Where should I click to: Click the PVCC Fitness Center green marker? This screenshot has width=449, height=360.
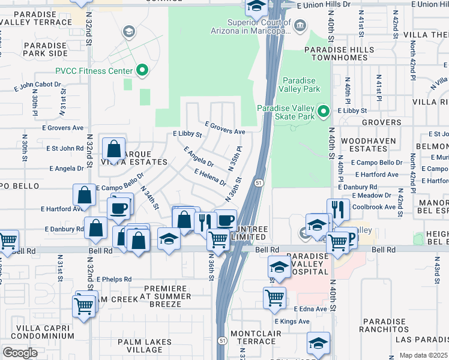point(142,71)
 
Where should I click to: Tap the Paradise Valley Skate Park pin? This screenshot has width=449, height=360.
point(324,111)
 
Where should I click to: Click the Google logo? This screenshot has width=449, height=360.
point(19,353)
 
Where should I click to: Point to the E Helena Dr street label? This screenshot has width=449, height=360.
point(210,177)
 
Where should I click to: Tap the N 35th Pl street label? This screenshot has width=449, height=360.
point(235,157)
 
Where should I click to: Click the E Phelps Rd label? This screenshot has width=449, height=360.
point(112,279)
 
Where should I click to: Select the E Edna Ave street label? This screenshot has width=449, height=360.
point(310,309)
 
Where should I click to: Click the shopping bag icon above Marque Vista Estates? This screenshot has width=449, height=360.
point(113,148)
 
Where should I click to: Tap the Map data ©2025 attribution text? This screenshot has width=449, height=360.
point(424,355)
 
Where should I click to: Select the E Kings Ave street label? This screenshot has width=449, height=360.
point(310,322)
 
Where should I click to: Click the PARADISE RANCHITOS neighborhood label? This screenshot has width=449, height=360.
point(385,325)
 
